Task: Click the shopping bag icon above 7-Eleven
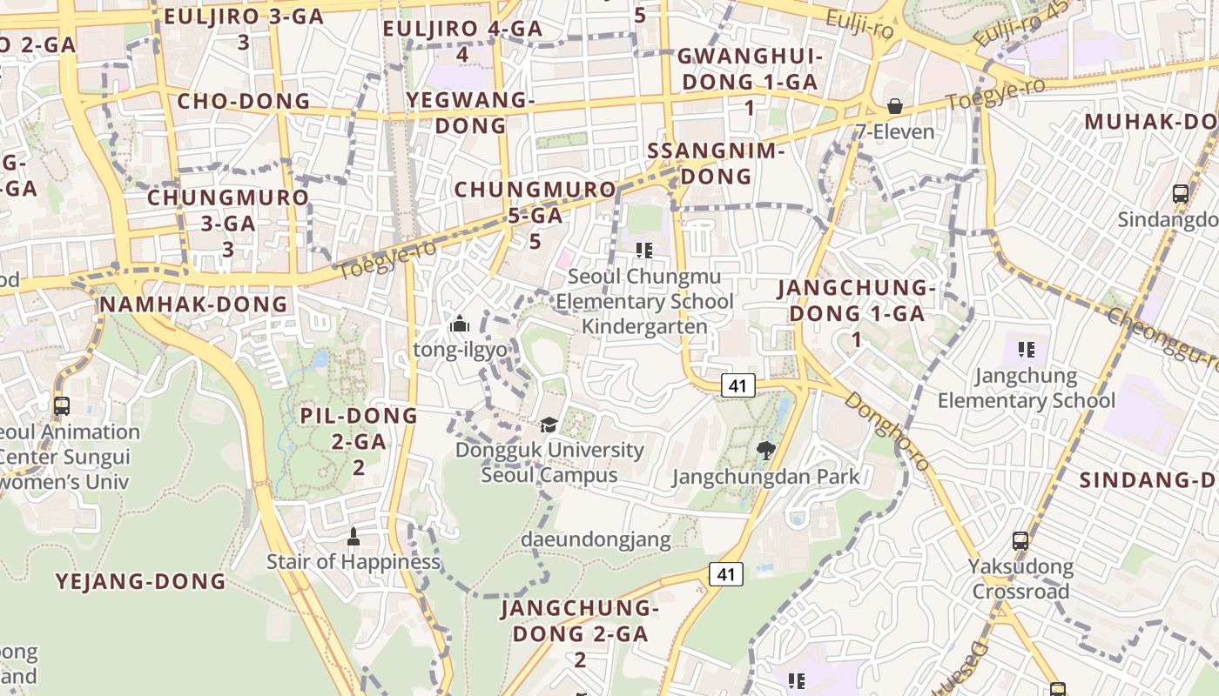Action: tap(894, 107)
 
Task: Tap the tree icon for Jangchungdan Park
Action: tap(765, 450)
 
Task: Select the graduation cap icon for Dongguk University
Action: tap(549, 425)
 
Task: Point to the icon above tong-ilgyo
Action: tap(459, 325)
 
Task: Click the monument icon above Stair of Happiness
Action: tap(353, 536)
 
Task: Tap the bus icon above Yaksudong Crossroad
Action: tap(1020, 541)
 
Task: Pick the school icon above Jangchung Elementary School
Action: tap(1026, 350)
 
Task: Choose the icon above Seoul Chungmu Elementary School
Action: tap(644, 251)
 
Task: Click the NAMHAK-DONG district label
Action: tap(192, 304)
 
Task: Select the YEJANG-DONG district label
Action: tap(141, 582)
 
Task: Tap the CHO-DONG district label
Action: tap(244, 102)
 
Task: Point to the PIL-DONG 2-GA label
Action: tap(359, 441)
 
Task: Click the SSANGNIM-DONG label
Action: tap(717, 164)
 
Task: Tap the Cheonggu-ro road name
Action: tap(1162, 339)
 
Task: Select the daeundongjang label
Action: tap(596, 539)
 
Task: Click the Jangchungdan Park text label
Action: tap(766, 477)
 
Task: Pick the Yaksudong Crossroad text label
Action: tap(1020, 579)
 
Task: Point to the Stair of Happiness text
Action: tap(353, 562)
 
